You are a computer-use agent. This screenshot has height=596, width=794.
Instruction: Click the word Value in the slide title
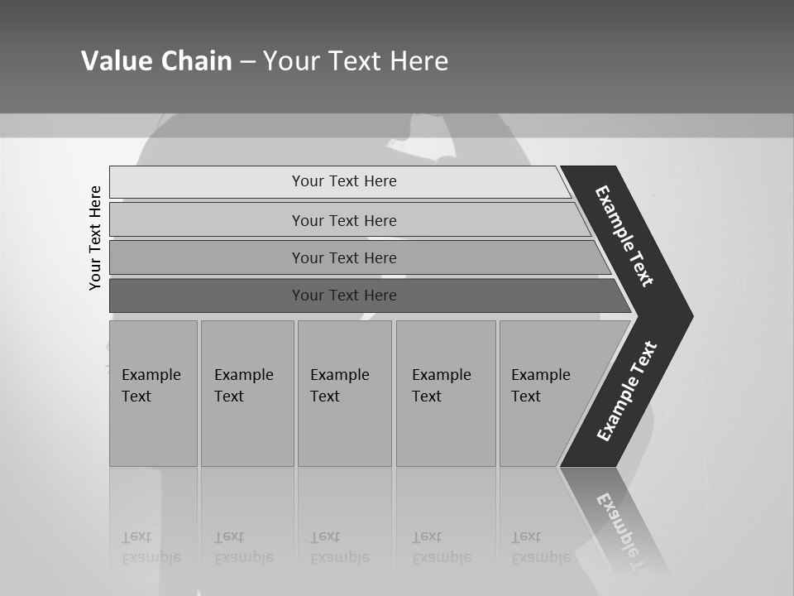coord(114,61)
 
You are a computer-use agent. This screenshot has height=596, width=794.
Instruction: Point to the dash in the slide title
coord(247,62)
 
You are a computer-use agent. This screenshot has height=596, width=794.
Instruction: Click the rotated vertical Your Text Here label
coord(95,238)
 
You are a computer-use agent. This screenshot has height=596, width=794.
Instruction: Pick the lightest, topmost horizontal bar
coord(339,181)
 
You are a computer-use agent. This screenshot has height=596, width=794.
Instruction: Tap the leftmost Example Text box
coord(153,392)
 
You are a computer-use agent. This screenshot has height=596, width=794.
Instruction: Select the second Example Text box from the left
coord(246,392)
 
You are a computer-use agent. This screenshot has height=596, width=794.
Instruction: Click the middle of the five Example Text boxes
coord(344,392)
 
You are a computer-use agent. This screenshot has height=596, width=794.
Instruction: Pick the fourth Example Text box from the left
coord(445,392)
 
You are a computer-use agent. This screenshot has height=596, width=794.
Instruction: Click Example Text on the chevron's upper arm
coord(624,236)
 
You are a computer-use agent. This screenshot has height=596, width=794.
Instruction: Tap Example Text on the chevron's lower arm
coord(627,391)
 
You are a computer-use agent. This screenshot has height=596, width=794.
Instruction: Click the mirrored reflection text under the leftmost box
coord(151,548)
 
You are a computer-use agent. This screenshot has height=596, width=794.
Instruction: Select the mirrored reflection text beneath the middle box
coord(339,548)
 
